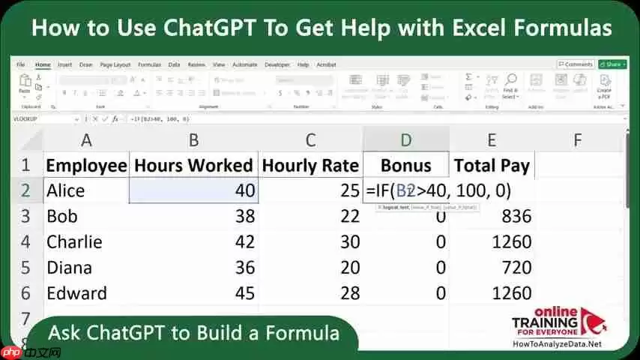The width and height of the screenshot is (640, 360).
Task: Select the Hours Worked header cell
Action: pos(193,166)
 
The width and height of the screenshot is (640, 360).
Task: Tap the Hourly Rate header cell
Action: pos(310,166)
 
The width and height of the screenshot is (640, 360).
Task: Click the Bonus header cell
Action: pos(405,166)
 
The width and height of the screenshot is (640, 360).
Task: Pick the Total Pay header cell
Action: pos(491,166)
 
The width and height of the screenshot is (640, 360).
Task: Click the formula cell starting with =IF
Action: pos(438,191)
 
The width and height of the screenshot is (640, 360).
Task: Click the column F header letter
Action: pos(578,139)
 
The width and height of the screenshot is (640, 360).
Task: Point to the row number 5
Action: pos(25,268)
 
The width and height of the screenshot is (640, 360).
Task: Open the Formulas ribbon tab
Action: pos(149,64)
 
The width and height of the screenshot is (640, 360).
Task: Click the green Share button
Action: pos(611,64)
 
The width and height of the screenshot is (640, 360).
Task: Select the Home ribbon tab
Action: pos(43,64)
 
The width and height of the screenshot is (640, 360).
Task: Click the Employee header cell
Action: pos(86,166)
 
